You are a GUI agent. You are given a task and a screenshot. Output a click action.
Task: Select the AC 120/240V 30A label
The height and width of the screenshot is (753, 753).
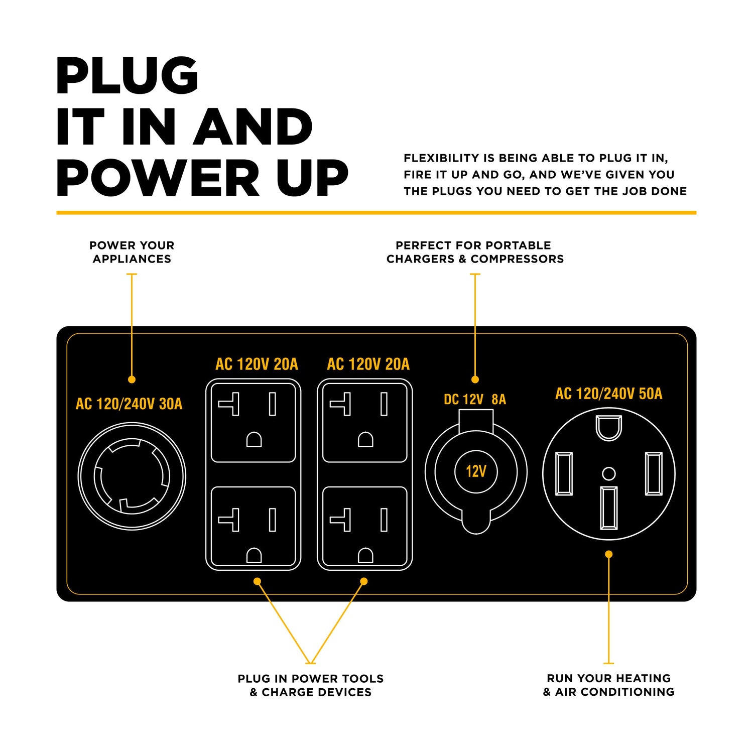click(x=129, y=404)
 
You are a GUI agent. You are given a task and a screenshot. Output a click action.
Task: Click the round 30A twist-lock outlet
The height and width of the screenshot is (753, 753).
click(x=132, y=476)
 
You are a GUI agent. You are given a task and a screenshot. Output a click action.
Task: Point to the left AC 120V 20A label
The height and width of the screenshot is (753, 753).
click(x=257, y=364)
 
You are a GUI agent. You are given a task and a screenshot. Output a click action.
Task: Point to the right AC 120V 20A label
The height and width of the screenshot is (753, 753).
click(x=368, y=364)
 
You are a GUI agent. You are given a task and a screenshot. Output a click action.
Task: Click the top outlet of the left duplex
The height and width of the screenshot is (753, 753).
click(x=254, y=422)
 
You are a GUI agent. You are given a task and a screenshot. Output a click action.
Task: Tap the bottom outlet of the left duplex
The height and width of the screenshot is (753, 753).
click(x=254, y=527)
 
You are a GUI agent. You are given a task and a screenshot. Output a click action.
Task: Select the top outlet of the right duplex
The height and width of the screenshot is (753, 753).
click(x=365, y=422)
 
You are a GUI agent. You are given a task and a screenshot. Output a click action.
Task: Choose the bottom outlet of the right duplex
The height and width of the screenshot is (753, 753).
click(x=365, y=527)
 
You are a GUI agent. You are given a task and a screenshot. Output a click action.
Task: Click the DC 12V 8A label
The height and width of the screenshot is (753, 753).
click(x=475, y=400)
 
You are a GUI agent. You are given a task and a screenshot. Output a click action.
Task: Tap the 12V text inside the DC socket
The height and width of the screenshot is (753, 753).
click(x=476, y=471)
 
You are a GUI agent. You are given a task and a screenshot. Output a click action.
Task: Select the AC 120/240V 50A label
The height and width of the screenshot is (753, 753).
click(x=608, y=394)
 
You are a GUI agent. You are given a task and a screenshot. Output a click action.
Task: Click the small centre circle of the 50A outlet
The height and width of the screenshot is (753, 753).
click(x=608, y=473)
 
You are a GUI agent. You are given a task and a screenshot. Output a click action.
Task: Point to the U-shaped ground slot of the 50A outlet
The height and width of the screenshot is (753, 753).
click(x=609, y=427)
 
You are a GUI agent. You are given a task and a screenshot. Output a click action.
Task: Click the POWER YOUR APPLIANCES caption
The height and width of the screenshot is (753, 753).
click(x=132, y=252)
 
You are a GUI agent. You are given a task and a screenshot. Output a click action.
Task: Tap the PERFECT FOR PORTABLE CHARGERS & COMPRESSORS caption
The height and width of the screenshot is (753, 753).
click(x=475, y=252)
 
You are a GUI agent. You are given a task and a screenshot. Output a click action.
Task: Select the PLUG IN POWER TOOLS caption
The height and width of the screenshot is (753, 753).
click(x=311, y=685)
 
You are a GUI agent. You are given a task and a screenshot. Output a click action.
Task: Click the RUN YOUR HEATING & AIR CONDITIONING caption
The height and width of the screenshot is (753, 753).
click(x=608, y=685)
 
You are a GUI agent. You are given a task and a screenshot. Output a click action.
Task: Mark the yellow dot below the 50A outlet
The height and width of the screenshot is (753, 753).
click(x=608, y=554)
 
